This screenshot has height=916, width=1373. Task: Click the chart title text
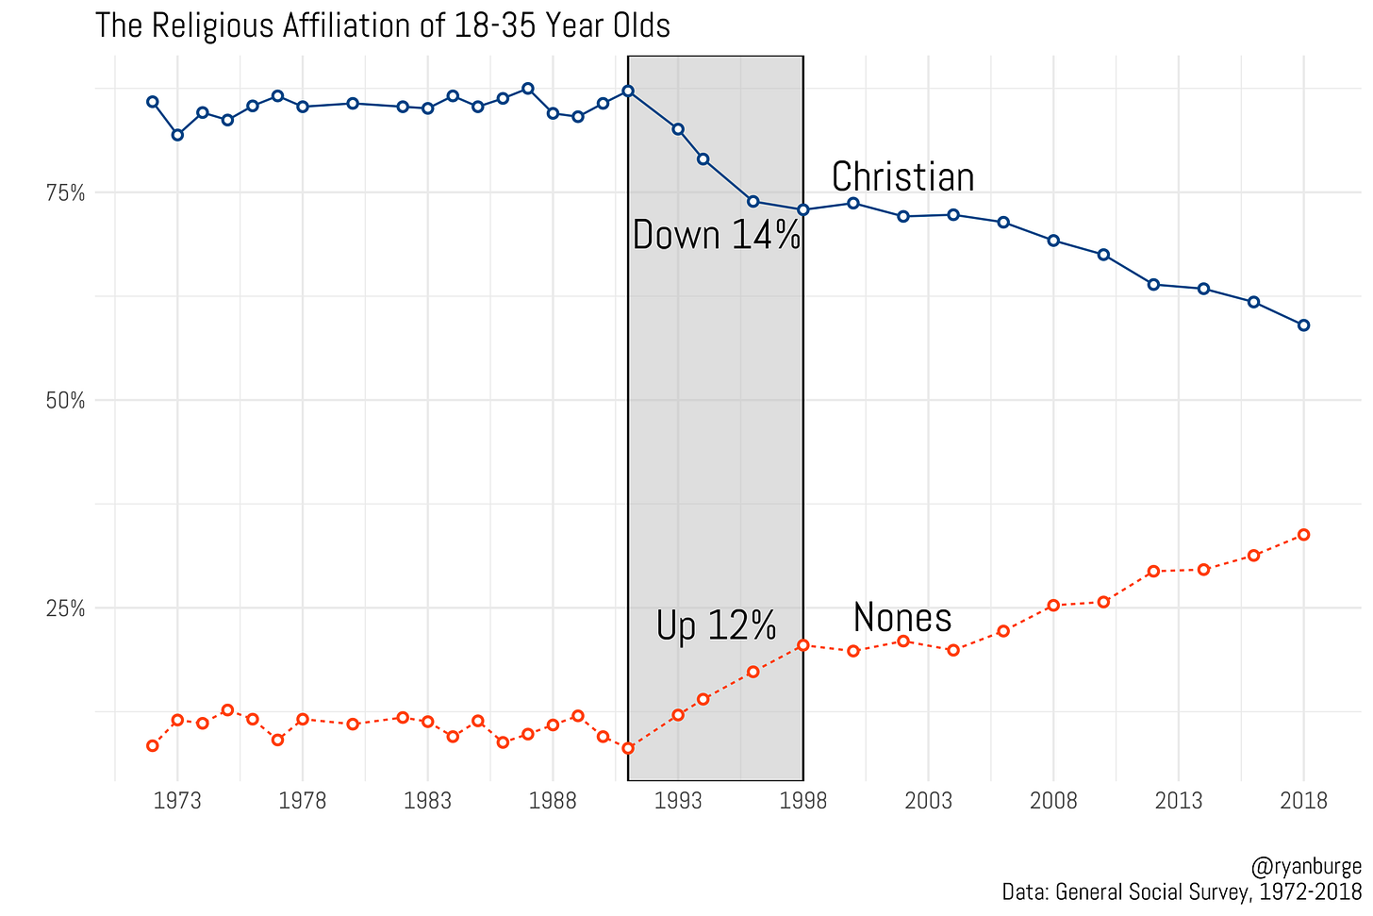pos(382,25)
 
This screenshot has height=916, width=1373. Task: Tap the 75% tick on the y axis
pos(66,193)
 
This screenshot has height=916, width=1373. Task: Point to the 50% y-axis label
pos(66,401)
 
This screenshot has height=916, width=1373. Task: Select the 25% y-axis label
pos(66,608)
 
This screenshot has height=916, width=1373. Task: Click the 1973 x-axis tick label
pos(177,802)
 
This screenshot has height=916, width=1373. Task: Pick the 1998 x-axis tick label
pos(802,802)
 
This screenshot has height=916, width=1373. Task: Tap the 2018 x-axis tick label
pos(1303,802)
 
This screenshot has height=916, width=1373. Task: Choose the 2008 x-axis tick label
pos(1053,802)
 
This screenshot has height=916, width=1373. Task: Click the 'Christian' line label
pos(902,177)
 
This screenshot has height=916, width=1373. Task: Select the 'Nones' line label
pos(902,618)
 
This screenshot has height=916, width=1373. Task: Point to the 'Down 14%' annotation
pos(716,235)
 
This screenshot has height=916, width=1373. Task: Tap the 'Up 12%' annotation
pos(716,625)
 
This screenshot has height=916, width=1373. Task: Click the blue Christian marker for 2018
pos(1303,325)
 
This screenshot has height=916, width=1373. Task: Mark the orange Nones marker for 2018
pos(1303,535)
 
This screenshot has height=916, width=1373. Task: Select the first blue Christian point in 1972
pos(153,102)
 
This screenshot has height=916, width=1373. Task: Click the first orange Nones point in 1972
pos(153,746)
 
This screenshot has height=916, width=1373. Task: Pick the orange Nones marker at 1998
pos(802,645)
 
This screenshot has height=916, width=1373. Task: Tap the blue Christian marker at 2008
pos(1053,241)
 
